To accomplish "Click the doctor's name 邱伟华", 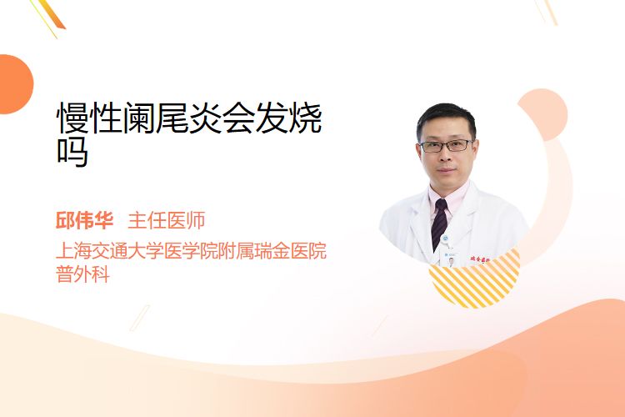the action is (x=84, y=221).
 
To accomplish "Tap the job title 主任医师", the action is (x=167, y=221).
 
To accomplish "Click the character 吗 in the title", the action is (x=72, y=153).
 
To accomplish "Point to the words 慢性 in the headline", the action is (x=89, y=118).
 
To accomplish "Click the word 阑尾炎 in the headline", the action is (x=172, y=118).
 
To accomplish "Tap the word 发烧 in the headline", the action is (x=288, y=118).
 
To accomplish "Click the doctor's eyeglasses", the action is (x=447, y=146).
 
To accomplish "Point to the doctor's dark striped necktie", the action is (x=439, y=224).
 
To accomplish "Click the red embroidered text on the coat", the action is (x=481, y=259).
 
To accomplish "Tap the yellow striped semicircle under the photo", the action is (x=474, y=284).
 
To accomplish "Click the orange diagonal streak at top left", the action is (x=52, y=14).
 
